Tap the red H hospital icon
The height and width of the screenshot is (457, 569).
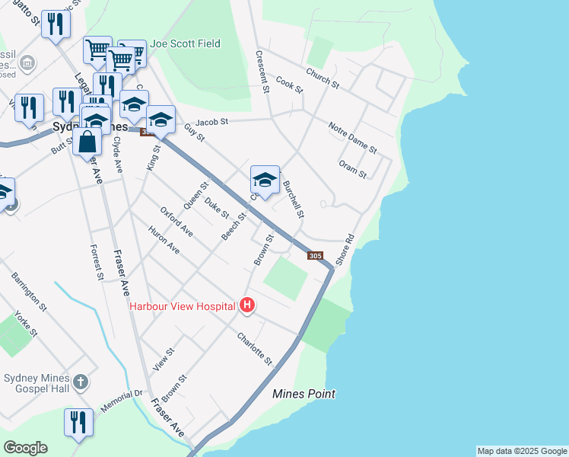[246, 306]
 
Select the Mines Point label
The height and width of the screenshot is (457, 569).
[304, 394]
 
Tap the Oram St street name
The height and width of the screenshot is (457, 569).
[353, 169]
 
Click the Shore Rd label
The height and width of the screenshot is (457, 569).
[349, 248]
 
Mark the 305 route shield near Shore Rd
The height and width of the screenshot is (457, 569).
[316, 256]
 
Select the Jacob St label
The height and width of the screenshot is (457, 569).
[211, 122]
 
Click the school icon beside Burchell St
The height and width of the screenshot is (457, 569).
[265, 181]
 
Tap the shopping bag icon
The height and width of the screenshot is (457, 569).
[88, 142]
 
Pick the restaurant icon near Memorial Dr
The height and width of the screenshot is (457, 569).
[78, 422]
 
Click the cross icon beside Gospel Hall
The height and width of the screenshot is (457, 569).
[81, 381]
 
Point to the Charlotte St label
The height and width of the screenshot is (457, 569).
[254, 348]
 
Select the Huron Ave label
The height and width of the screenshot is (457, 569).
[164, 239]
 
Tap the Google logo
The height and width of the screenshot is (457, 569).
[25, 448]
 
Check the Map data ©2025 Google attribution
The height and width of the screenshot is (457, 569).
[522, 451]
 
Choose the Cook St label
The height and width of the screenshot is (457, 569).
[289, 84]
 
